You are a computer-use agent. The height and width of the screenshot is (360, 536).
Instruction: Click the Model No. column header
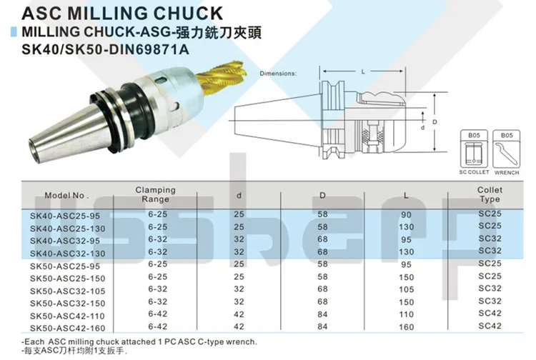(x=66, y=196)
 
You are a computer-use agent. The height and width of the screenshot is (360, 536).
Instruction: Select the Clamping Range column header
(x=156, y=194)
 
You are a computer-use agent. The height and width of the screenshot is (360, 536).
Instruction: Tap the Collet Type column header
(x=490, y=194)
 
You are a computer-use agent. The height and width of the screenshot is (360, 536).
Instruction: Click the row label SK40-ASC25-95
(x=65, y=216)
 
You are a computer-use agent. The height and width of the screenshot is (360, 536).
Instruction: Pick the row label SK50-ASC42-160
(x=67, y=329)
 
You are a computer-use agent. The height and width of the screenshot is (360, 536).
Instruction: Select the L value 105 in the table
(x=406, y=289)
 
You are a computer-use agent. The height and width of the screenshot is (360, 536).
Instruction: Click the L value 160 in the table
(x=406, y=327)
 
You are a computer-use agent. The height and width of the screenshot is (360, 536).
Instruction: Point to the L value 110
(x=406, y=314)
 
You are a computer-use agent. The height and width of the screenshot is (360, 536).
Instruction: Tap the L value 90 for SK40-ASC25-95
(x=406, y=215)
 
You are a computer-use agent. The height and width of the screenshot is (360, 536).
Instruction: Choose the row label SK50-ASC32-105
(x=67, y=291)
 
